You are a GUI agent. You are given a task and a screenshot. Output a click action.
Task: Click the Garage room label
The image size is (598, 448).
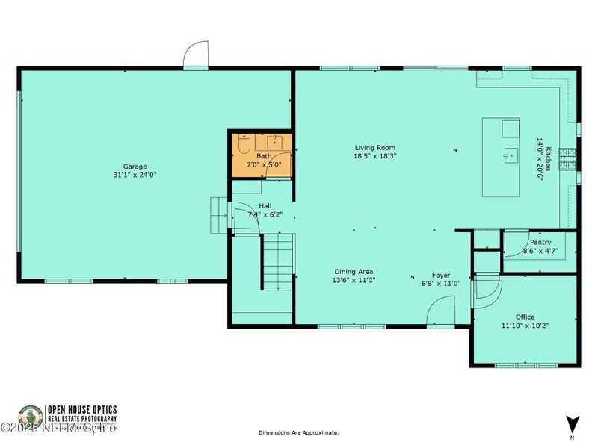tap(135, 167)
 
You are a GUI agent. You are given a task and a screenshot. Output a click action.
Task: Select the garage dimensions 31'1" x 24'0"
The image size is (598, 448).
tap(135, 175)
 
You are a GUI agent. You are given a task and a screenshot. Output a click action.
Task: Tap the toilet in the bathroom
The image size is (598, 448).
tap(244, 145)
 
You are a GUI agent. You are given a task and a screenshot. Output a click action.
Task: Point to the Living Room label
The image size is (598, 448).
tap(374, 148)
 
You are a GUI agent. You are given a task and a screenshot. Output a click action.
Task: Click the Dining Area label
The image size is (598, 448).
tap(354, 272)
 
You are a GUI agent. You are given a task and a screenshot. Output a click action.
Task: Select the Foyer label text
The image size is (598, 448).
tap(441, 275)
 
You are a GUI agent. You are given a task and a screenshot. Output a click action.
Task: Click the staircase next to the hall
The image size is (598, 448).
tap(277, 261)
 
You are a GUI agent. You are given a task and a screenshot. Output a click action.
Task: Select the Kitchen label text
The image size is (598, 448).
tap(547, 158)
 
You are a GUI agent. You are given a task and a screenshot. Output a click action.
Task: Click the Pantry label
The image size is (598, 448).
tap(540, 243)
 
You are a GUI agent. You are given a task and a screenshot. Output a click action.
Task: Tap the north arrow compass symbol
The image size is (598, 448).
tap(572, 423)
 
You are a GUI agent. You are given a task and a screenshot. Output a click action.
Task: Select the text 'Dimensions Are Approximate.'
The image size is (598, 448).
tap(299, 432)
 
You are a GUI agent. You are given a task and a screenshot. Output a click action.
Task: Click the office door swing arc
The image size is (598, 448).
tap(486, 287)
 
